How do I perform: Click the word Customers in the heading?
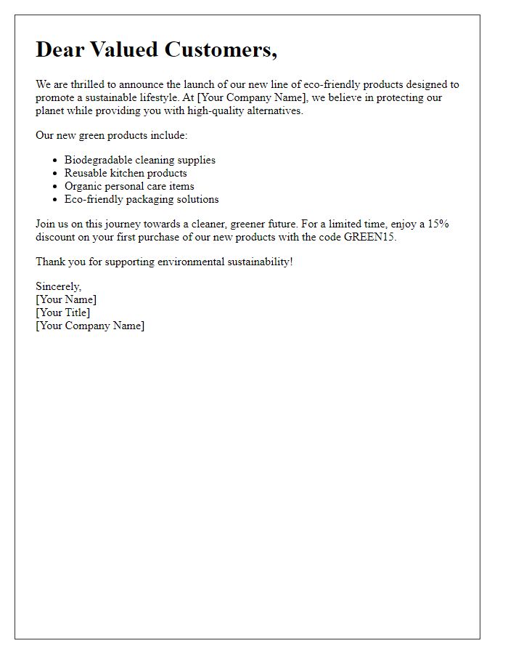click(x=221, y=49)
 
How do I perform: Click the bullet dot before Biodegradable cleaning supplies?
click(x=56, y=160)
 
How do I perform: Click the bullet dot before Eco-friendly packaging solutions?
click(x=56, y=199)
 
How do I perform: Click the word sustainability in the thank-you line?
click(x=251, y=262)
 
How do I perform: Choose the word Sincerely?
click(x=58, y=286)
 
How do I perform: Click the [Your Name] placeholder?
click(x=66, y=299)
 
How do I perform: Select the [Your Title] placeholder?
click(x=63, y=312)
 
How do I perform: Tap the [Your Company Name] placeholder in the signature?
click(x=90, y=326)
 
